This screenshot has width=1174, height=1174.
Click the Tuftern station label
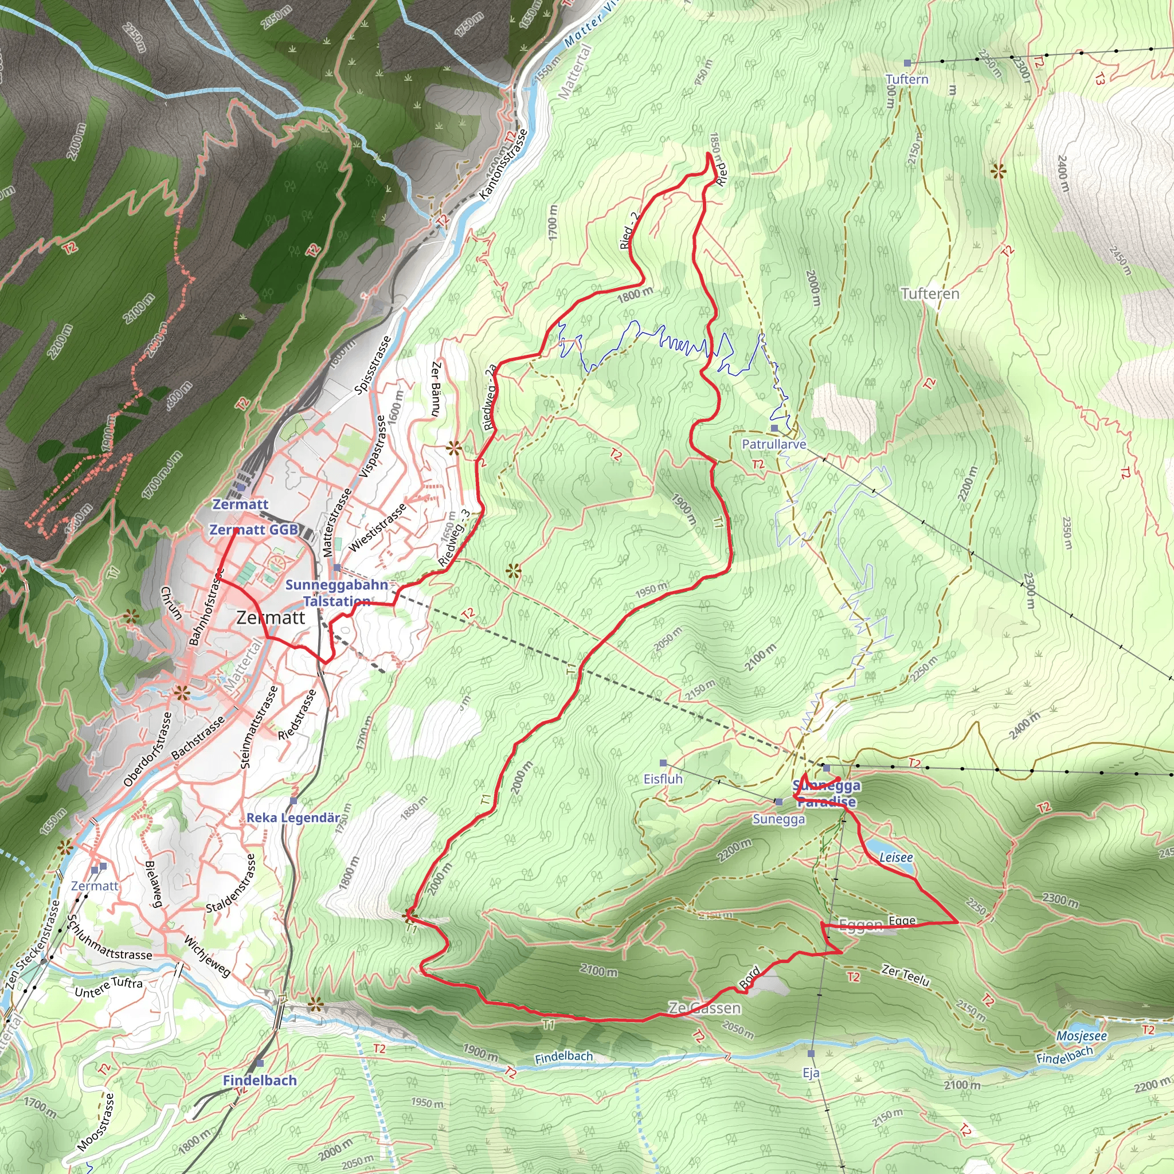(x=907, y=79)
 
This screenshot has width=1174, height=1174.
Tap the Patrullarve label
(x=773, y=444)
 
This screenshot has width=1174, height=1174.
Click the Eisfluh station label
(x=663, y=778)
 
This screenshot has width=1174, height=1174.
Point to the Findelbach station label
(x=260, y=1080)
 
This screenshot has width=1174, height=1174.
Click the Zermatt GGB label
(x=253, y=529)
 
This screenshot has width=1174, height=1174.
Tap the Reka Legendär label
(x=293, y=817)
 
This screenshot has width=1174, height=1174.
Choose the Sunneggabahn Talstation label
(x=336, y=593)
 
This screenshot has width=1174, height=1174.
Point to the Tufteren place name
(x=930, y=294)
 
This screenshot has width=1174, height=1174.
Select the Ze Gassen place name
(x=705, y=1008)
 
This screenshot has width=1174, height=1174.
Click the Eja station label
(x=811, y=1073)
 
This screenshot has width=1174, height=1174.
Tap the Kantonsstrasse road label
(x=503, y=165)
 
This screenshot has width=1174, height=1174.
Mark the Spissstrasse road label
(x=372, y=365)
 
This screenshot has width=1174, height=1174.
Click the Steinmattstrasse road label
(x=259, y=727)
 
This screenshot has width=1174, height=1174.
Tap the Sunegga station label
(x=778, y=819)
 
